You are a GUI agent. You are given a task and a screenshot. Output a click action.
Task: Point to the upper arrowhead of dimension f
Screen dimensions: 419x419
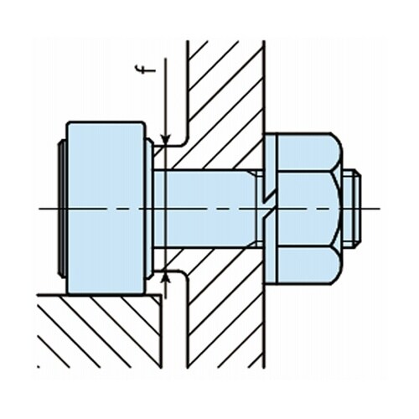tap(166, 139)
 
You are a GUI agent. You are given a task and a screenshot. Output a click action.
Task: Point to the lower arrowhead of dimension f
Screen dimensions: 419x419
tap(166, 277)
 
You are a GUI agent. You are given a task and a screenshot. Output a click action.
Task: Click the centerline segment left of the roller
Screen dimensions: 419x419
tap(49, 208)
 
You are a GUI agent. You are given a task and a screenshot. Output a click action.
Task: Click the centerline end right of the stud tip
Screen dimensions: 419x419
tap(373, 208)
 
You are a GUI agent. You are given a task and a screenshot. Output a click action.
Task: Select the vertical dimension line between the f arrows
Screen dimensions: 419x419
tap(166, 209)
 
